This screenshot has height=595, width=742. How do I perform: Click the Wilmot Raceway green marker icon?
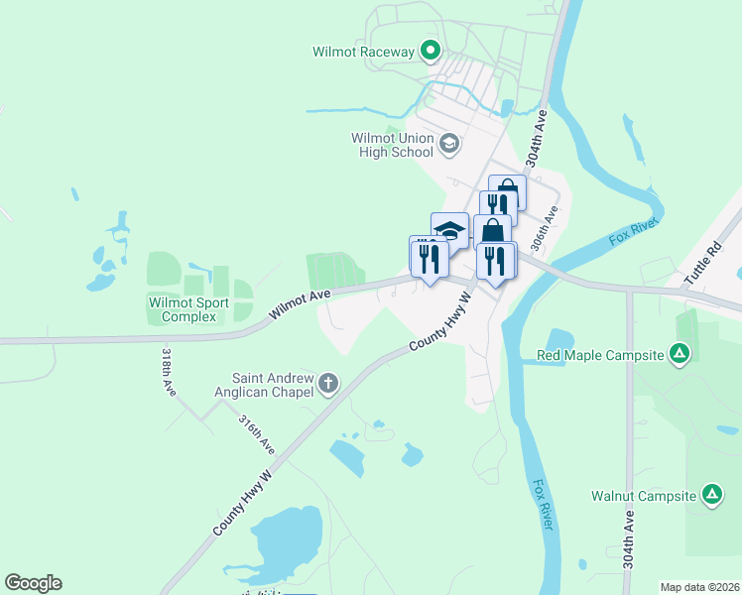(431, 50)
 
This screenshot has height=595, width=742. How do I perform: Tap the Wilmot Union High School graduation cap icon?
(448, 145)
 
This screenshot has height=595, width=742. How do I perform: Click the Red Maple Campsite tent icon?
(680, 354)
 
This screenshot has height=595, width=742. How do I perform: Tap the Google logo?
(33, 583)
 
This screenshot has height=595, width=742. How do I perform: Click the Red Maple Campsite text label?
(600, 355)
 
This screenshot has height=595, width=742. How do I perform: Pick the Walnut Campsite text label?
(645, 496)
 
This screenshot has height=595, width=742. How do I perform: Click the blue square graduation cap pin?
(449, 230)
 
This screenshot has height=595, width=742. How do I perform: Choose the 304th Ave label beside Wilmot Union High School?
(537, 138)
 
